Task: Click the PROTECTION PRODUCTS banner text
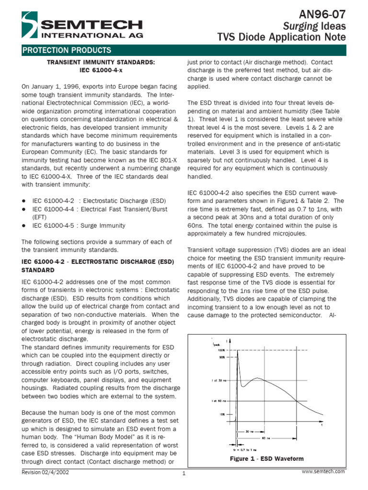pos(67,50)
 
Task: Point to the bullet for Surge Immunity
pos(24,225)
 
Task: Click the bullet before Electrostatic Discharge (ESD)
pos(24,200)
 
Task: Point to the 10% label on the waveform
pos(222,415)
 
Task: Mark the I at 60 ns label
pos(218,401)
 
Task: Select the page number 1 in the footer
pos(184,474)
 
